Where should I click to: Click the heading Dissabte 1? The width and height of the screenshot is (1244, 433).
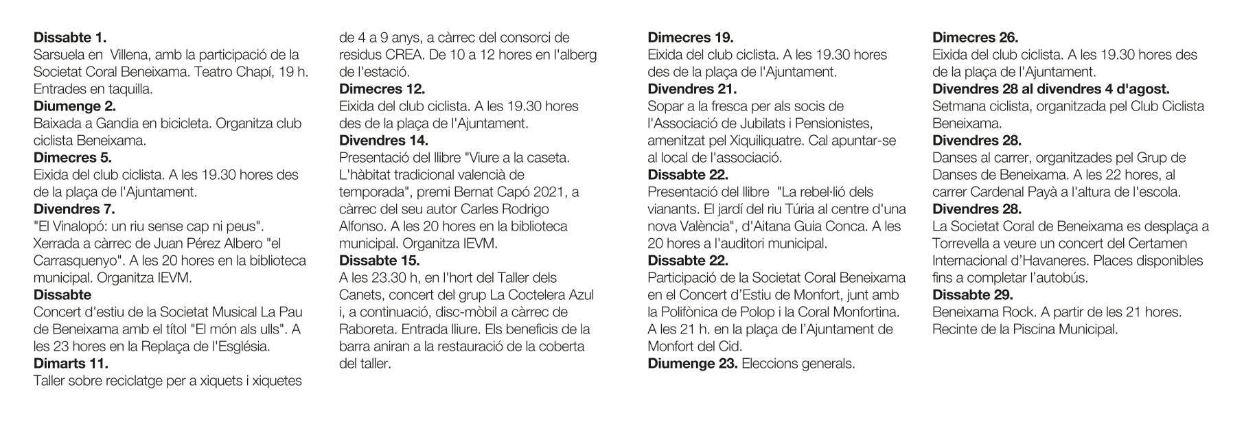point(70,38)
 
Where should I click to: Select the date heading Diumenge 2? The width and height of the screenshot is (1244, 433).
point(75,106)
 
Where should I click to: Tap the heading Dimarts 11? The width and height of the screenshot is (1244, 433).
point(71,364)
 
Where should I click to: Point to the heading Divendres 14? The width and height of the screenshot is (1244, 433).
point(384,141)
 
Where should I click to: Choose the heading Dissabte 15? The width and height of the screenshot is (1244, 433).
point(380,261)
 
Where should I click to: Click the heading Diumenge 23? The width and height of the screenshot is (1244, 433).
point(693,364)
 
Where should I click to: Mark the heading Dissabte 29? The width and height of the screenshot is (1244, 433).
point(972,295)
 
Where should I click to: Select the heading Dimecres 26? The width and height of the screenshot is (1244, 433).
point(976,38)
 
